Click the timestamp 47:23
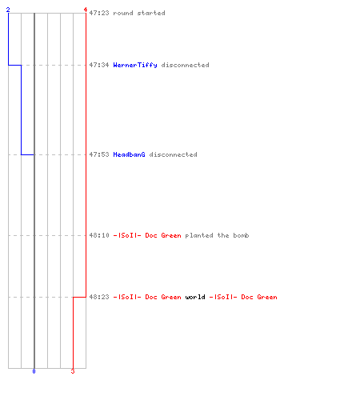pyautogui.click(x=99, y=13)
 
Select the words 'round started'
pyautogui.click(x=139, y=13)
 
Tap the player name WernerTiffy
pyautogui.click(x=135, y=65)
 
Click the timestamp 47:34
pyautogui.click(x=99, y=65)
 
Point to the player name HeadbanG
pyautogui.click(x=129, y=154)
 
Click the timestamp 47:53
pyautogui.click(x=99, y=154)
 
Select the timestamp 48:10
pyautogui.click(x=99, y=235)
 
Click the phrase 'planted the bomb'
pyautogui.click(x=217, y=235)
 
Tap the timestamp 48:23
pyautogui.click(x=99, y=297)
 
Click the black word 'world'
pyautogui.click(x=195, y=297)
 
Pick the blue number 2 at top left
pyautogui.click(x=8, y=10)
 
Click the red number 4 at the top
pyautogui.click(x=86, y=10)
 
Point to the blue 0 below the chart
pyautogui.click(x=34, y=371)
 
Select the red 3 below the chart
pyautogui.click(x=73, y=371)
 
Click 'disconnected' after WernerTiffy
pyautogui.click(x=185, y=65)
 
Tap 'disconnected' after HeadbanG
pyautogui.click(x=173, y=154)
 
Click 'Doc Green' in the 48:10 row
pyautogui.click(x=163, y=235)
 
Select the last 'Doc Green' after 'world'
pyautogui.click(x=259, y=297)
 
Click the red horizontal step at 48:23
pyautogui.click(x=79, y=297)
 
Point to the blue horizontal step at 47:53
pyautogui.click(x=28, y=154)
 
